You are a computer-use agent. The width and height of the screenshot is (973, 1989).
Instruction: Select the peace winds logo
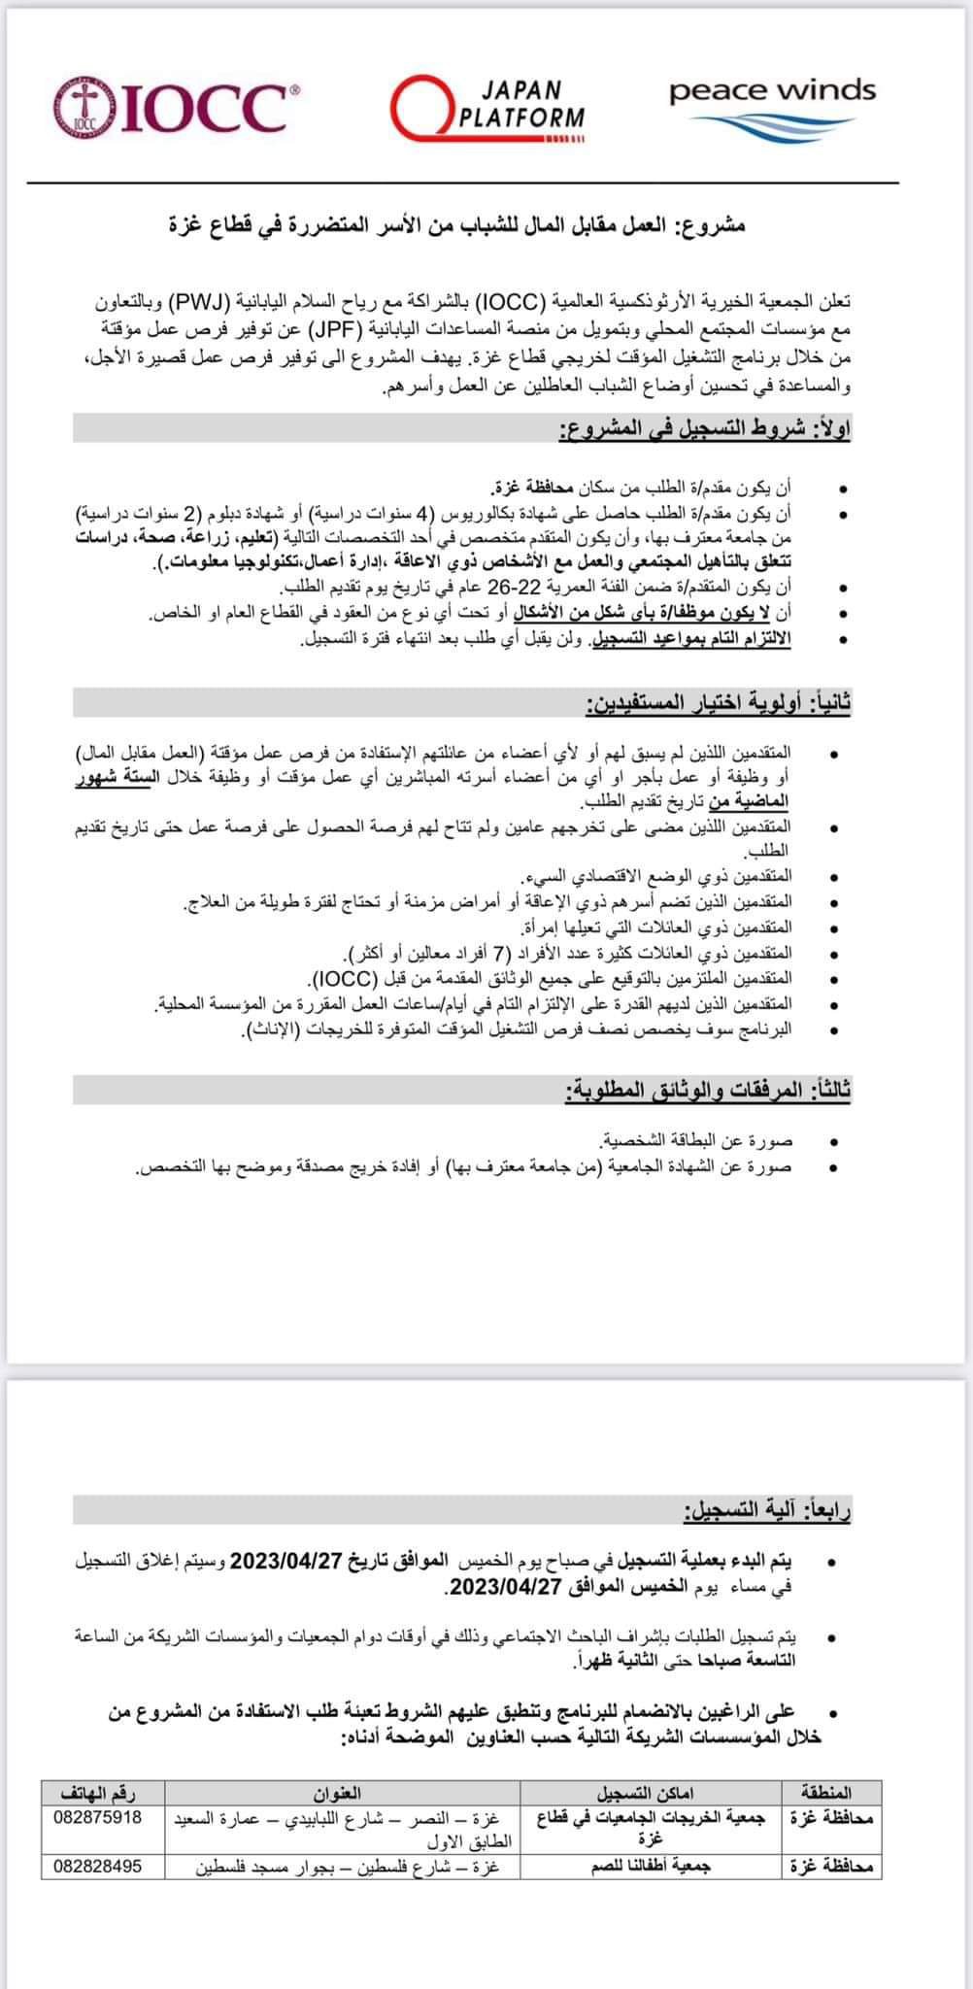pyautogui.click(x=772, y=106)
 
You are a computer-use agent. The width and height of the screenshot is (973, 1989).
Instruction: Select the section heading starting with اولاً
pyautogui.click(x=704, y=428)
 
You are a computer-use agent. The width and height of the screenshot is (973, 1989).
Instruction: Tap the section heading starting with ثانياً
pyautogui.click(x=719, y=702)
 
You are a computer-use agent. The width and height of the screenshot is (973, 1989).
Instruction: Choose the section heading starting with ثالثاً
pyautogui.click(x=709, y=1091)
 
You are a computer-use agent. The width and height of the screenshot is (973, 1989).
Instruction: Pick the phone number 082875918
pyautogui.click(x=100, y=1816)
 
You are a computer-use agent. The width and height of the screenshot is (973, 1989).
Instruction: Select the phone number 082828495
pyautogui.click(x=100, y=1867)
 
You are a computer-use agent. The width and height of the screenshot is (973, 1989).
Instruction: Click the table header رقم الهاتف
pyautogui.click(x=100, y=1792)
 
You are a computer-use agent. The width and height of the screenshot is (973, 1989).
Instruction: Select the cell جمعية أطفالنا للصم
pyautogui.click(x=651, y=1867)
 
